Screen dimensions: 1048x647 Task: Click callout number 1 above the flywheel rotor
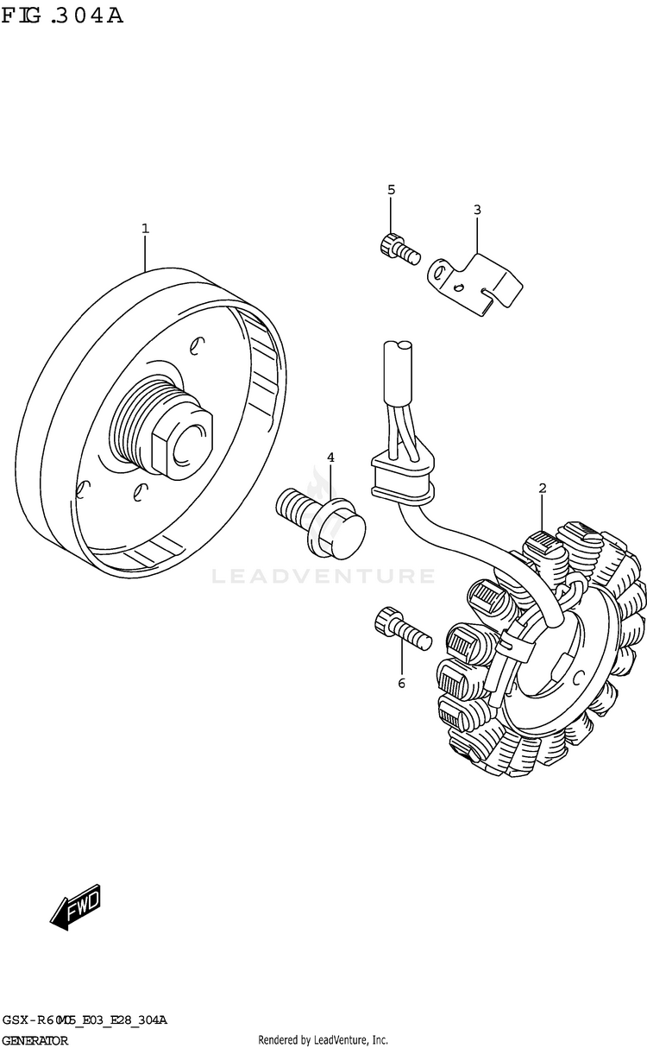pyautogui.click(x=145, y=229)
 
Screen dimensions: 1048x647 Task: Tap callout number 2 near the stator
pyautogui.click(x=542, y=489)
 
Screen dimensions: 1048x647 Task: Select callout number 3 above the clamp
pyautogui.click(x=477, y=210)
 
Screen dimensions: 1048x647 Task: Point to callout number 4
pyautogui.click(x=330, y=458)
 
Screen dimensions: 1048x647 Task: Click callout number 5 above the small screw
pyautogui.click(x=390, y=190)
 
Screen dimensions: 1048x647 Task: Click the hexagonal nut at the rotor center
pyautogui.click(x=183, y=439)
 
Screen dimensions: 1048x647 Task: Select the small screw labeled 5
pyautogui.click(x=398, y=248)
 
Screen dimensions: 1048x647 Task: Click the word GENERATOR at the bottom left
pyautogui.click(x=35, y=1040)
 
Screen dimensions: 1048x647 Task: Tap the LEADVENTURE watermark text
pyautogui.click(x=323, y=575)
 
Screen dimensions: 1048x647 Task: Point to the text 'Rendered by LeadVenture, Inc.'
pyautogui.click(x=323, y=1040)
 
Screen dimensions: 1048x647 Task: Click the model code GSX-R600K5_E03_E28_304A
pyautogui.click(x=85, y=1020)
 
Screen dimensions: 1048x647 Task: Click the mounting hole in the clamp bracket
pyautogui.click(x=440, y=273)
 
